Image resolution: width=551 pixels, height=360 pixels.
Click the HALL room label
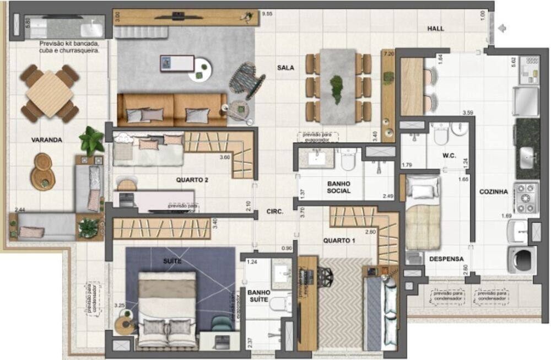coord(436,29)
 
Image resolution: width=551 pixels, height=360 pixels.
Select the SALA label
coord(285,68)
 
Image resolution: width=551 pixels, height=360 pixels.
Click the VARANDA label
coord(47,140)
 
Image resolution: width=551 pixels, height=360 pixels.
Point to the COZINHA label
coord(493,192)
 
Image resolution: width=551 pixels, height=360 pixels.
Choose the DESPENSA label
coord(446,259)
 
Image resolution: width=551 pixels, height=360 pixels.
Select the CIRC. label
coord(275,211)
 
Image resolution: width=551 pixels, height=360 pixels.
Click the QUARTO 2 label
coord(192,180)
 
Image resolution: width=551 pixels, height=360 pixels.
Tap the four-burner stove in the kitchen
coord(526,197)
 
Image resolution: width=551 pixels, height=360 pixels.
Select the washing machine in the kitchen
coord(520,260)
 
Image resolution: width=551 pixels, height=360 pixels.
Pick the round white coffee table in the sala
coord(200,69)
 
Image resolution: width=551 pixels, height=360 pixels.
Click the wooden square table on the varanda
coord(50,94)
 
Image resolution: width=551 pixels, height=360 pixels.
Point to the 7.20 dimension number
coord(388,54)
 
